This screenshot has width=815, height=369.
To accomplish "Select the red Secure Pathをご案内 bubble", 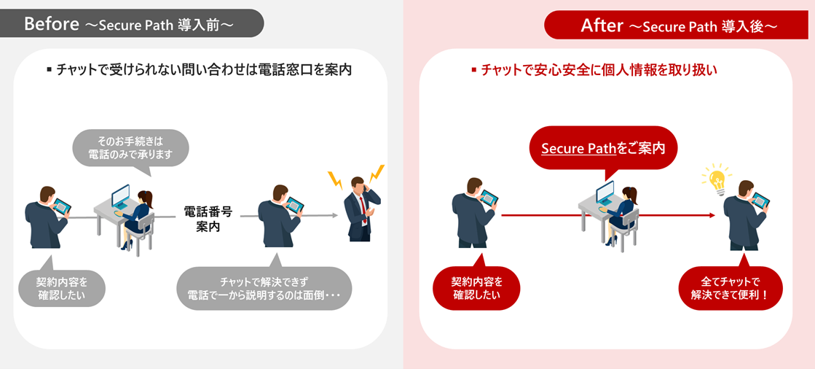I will point(603,148).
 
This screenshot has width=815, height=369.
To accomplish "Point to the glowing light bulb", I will point(717,179).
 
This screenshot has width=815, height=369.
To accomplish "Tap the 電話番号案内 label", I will point(208,218).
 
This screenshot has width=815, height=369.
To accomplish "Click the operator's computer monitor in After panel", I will point(605,194).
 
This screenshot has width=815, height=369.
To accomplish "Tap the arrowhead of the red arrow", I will point(712,215).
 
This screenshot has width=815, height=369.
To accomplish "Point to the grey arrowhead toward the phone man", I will point(335,216).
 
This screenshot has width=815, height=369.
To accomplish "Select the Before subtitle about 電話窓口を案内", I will point(200,71).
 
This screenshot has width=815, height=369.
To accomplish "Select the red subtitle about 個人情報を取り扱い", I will point(594,71).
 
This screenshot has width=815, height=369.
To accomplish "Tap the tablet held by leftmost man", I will point(62,206).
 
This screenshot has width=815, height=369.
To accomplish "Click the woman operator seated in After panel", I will point(628,211).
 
